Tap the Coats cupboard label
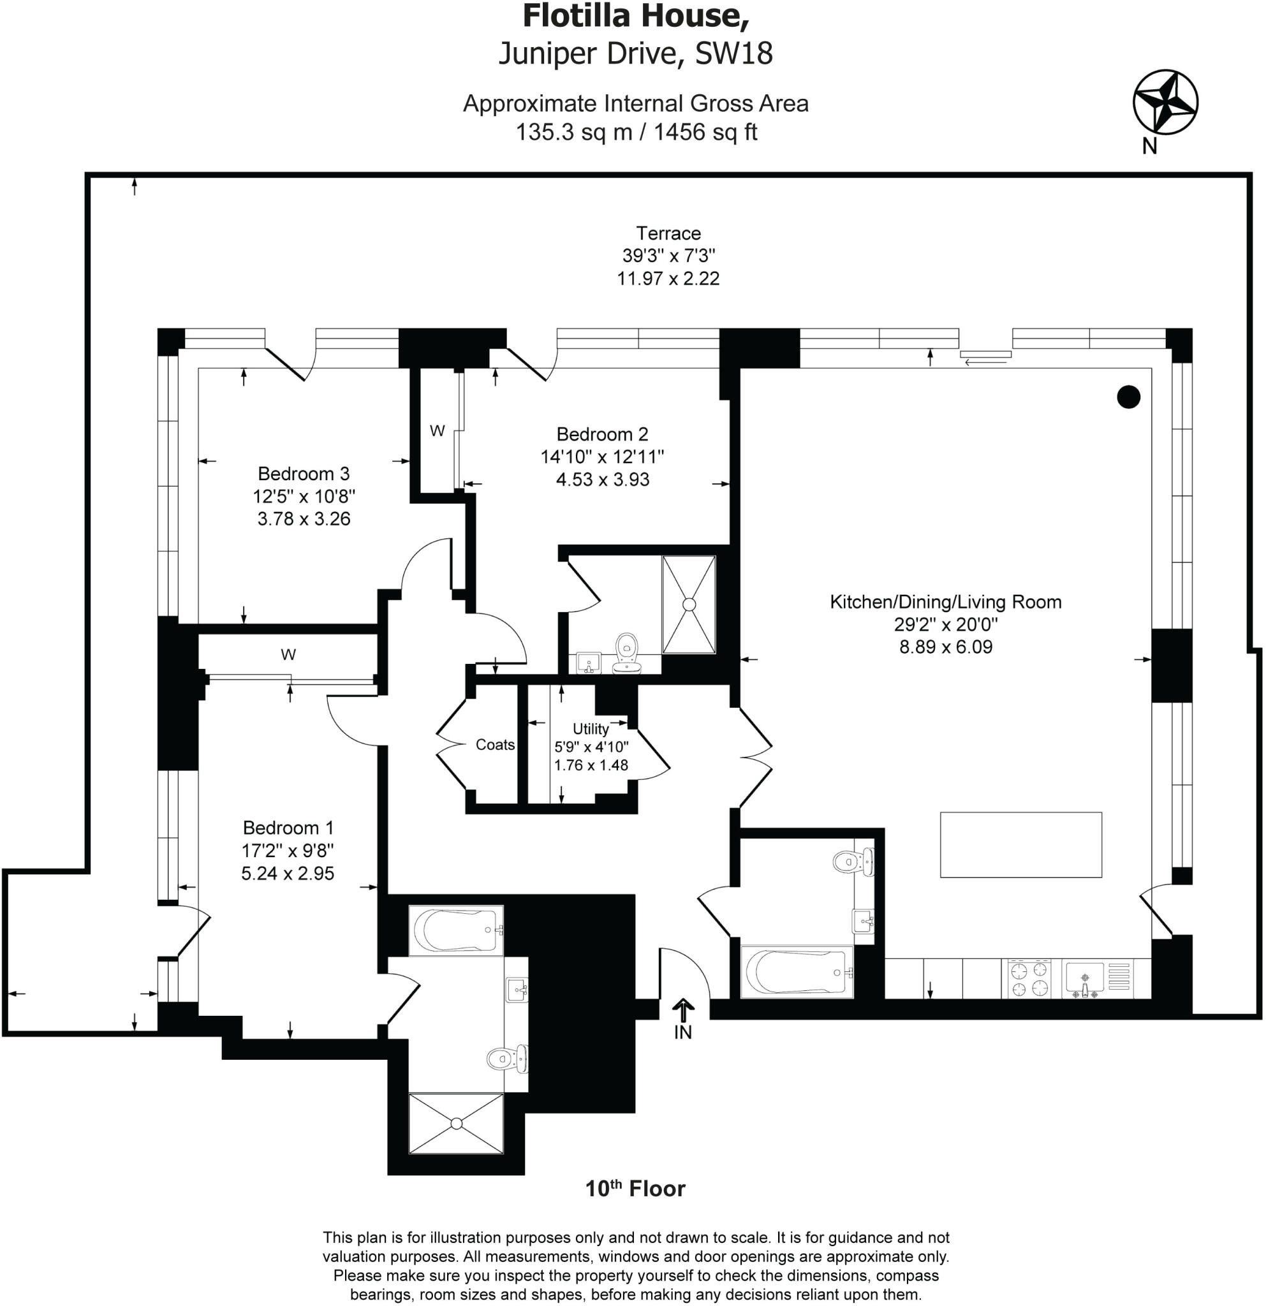[495, 745]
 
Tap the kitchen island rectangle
[1021, 845]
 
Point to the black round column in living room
[1128, 397]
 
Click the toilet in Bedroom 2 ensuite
[626, 653]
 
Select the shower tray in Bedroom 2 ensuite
[688, 605]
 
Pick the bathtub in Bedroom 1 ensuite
[456, 931]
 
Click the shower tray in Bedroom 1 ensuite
[456, 1124]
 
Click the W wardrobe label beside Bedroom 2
[437, 431]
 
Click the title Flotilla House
[636, 16]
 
